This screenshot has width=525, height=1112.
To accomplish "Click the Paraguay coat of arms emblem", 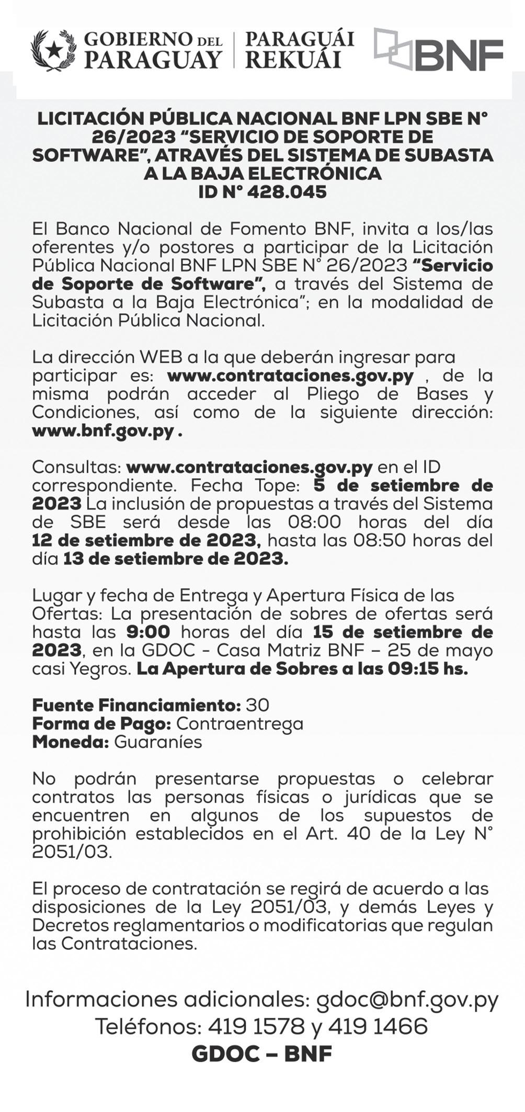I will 53,51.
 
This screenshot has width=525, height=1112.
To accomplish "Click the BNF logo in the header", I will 438,51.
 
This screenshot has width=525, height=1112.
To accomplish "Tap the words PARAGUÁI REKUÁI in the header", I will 299,50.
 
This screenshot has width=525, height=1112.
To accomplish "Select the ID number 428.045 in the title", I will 287,192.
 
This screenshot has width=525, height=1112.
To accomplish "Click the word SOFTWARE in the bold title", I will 90,155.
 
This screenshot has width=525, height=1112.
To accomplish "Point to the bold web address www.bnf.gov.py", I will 103,432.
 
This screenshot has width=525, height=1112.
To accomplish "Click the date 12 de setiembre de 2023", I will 144,540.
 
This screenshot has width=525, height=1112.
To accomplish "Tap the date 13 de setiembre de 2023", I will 176,559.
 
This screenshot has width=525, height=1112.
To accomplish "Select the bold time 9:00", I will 149,632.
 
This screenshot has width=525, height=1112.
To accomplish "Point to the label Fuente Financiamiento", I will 136,705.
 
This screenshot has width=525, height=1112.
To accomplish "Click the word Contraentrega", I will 239,723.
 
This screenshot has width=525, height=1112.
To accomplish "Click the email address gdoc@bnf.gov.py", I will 407,1000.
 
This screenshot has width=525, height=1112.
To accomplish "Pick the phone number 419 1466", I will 378,1027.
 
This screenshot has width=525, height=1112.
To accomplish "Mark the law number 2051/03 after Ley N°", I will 72,852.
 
